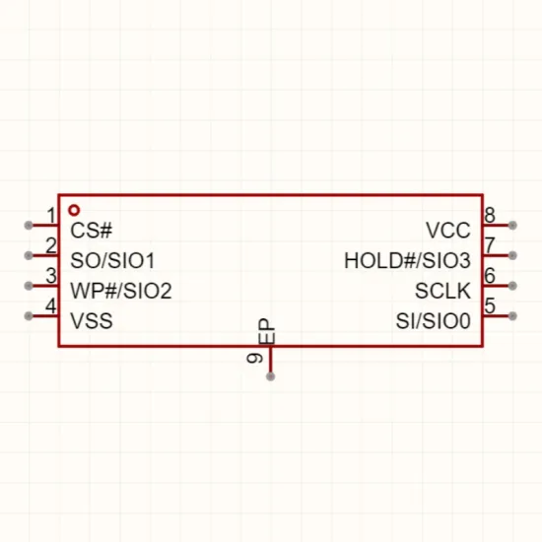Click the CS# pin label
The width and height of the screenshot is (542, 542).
(92, 231)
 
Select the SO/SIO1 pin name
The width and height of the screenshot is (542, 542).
(112, 260)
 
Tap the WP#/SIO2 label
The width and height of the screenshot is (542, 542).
(121, 291)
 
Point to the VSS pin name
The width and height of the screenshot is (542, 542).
(92, 321)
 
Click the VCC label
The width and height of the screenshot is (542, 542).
(448, 231)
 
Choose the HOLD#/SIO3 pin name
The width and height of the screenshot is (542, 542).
(407, 260)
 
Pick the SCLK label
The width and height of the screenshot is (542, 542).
(442, 291)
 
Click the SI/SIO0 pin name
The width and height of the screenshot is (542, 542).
(434, 321)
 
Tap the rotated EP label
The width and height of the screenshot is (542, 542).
(266, 331)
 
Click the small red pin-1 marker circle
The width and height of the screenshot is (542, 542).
(74, 210)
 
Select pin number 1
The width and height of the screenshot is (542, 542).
(51, 216)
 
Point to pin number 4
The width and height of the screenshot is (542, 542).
(51, 305)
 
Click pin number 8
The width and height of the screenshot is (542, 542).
(490, 216)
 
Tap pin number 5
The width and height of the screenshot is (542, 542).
(490, 305)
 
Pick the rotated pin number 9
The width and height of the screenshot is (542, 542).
(255, 358)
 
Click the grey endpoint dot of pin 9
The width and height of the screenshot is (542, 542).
(271, 376)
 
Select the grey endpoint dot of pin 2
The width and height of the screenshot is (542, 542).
(29, 256)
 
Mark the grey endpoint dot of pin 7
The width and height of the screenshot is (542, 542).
(512, 256)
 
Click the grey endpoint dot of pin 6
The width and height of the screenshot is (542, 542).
(512, 286)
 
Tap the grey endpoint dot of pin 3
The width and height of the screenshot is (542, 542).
(29, 286)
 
